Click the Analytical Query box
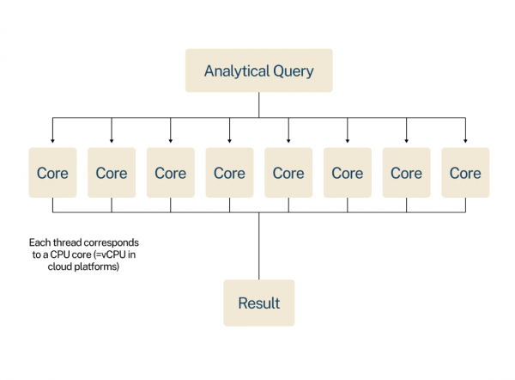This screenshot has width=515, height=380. (x=258, y=70)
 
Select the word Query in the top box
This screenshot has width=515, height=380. (x=293, y=70)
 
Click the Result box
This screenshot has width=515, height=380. (x=258, y=303)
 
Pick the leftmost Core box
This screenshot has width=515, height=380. (x=52, y=173)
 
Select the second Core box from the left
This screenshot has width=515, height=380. (x=112, y=173)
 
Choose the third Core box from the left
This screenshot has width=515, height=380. (x=170, y=173)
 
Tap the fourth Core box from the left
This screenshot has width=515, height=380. (x=229, y=173)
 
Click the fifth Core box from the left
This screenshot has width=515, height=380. (x=288, y=173)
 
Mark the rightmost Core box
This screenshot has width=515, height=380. (x=465, y=173)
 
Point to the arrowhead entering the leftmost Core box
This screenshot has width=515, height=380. (x=52, y=140)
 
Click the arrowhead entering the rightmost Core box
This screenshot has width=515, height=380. (x=465, y=140)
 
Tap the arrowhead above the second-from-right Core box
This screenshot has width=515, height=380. (x=406, y=140)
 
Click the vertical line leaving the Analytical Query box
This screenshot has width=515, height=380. (x=258, y=104)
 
